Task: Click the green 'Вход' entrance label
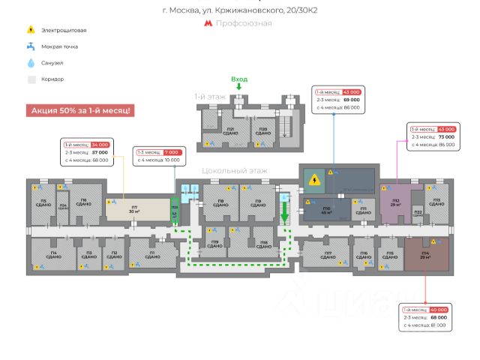(239, 79)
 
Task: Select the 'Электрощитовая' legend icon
(31, 30)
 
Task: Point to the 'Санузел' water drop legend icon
(31, 63)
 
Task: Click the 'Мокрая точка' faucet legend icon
(31, 46)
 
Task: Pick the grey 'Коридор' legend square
(31, 79)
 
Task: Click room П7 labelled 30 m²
(135, 209)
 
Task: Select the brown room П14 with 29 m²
(425, 255)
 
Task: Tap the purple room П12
(395, 202)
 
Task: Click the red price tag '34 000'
(100, 144)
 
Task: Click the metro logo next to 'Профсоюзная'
(208, 23)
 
